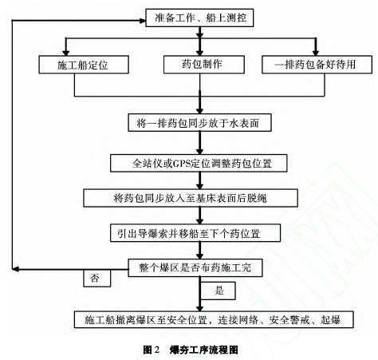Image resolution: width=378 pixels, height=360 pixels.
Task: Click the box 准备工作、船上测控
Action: click(x=199, y=18)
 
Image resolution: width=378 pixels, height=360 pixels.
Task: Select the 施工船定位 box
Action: click(x=84, y=65)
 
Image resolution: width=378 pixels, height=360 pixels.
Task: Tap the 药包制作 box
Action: click(x=204, y=65)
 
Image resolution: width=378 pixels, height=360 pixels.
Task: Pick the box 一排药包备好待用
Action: click(x=317, y=65)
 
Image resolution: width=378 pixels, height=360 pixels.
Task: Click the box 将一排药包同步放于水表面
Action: click(x=199, y=123)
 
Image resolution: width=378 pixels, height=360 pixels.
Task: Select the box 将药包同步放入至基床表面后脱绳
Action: click(x=191, y=198)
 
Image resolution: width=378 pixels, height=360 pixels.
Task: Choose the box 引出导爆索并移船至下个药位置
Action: click(x=195, y=233)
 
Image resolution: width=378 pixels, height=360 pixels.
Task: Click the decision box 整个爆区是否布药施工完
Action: click(x=195, y=267)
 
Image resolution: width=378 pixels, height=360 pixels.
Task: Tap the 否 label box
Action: click(x=96, y=279)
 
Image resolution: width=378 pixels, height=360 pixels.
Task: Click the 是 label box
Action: click(x=218, y=291)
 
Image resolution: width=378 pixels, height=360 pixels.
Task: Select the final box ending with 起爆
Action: click(x=214, y=319)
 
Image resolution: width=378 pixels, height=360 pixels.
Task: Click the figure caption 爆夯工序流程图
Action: click(x=204, y=350)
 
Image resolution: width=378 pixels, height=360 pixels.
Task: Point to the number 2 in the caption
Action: click(x=156, y=350)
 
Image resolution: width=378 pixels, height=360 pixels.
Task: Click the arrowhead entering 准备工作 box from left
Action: click(x=143, y=21)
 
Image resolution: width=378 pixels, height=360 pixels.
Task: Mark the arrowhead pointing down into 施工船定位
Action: click(x=65, y=53)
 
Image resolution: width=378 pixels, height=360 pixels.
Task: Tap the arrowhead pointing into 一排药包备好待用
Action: click(x=316, y=53)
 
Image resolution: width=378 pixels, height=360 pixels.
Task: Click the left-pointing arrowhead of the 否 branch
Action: click(x=15, y=269)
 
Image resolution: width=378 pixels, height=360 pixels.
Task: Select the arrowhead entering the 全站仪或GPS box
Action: click(x=200, y=152)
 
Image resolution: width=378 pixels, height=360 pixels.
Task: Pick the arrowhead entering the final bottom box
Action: click(x=200, y=308)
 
